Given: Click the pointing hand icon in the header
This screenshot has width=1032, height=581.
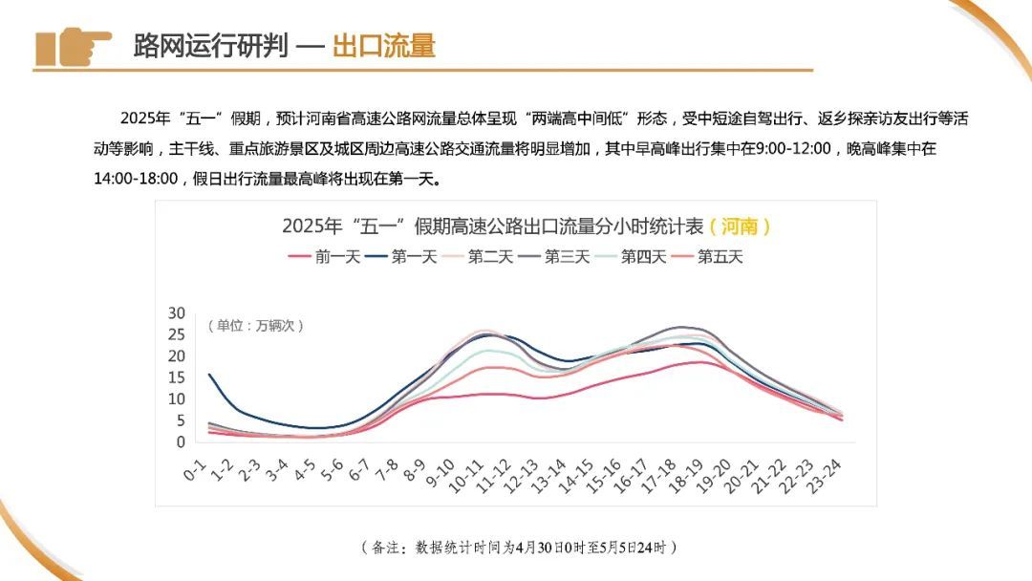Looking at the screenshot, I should pyautogui.click(x=74, y=46).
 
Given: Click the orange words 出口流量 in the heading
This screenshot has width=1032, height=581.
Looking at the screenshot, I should pyautogui.click(x=383, y=46).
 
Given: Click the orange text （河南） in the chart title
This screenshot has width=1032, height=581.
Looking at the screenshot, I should pyautogui.click(x=741, y=226).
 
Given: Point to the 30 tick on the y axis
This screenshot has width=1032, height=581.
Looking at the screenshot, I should pyautogui.click(x=176, y=313).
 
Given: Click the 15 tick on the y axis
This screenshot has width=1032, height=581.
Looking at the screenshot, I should pyautogui.click(x=176, y=377).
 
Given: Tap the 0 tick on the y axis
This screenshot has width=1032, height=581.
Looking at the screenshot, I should pyautogui.click(x=180, y=441).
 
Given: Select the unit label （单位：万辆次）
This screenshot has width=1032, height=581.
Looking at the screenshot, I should pyautogui.click(x=252, y=326).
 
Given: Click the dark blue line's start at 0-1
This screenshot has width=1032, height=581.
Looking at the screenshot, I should pyautogui.click(x=209, y=375).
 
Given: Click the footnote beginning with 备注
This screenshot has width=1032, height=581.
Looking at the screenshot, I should pyautogui.click(x=520, y=548).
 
